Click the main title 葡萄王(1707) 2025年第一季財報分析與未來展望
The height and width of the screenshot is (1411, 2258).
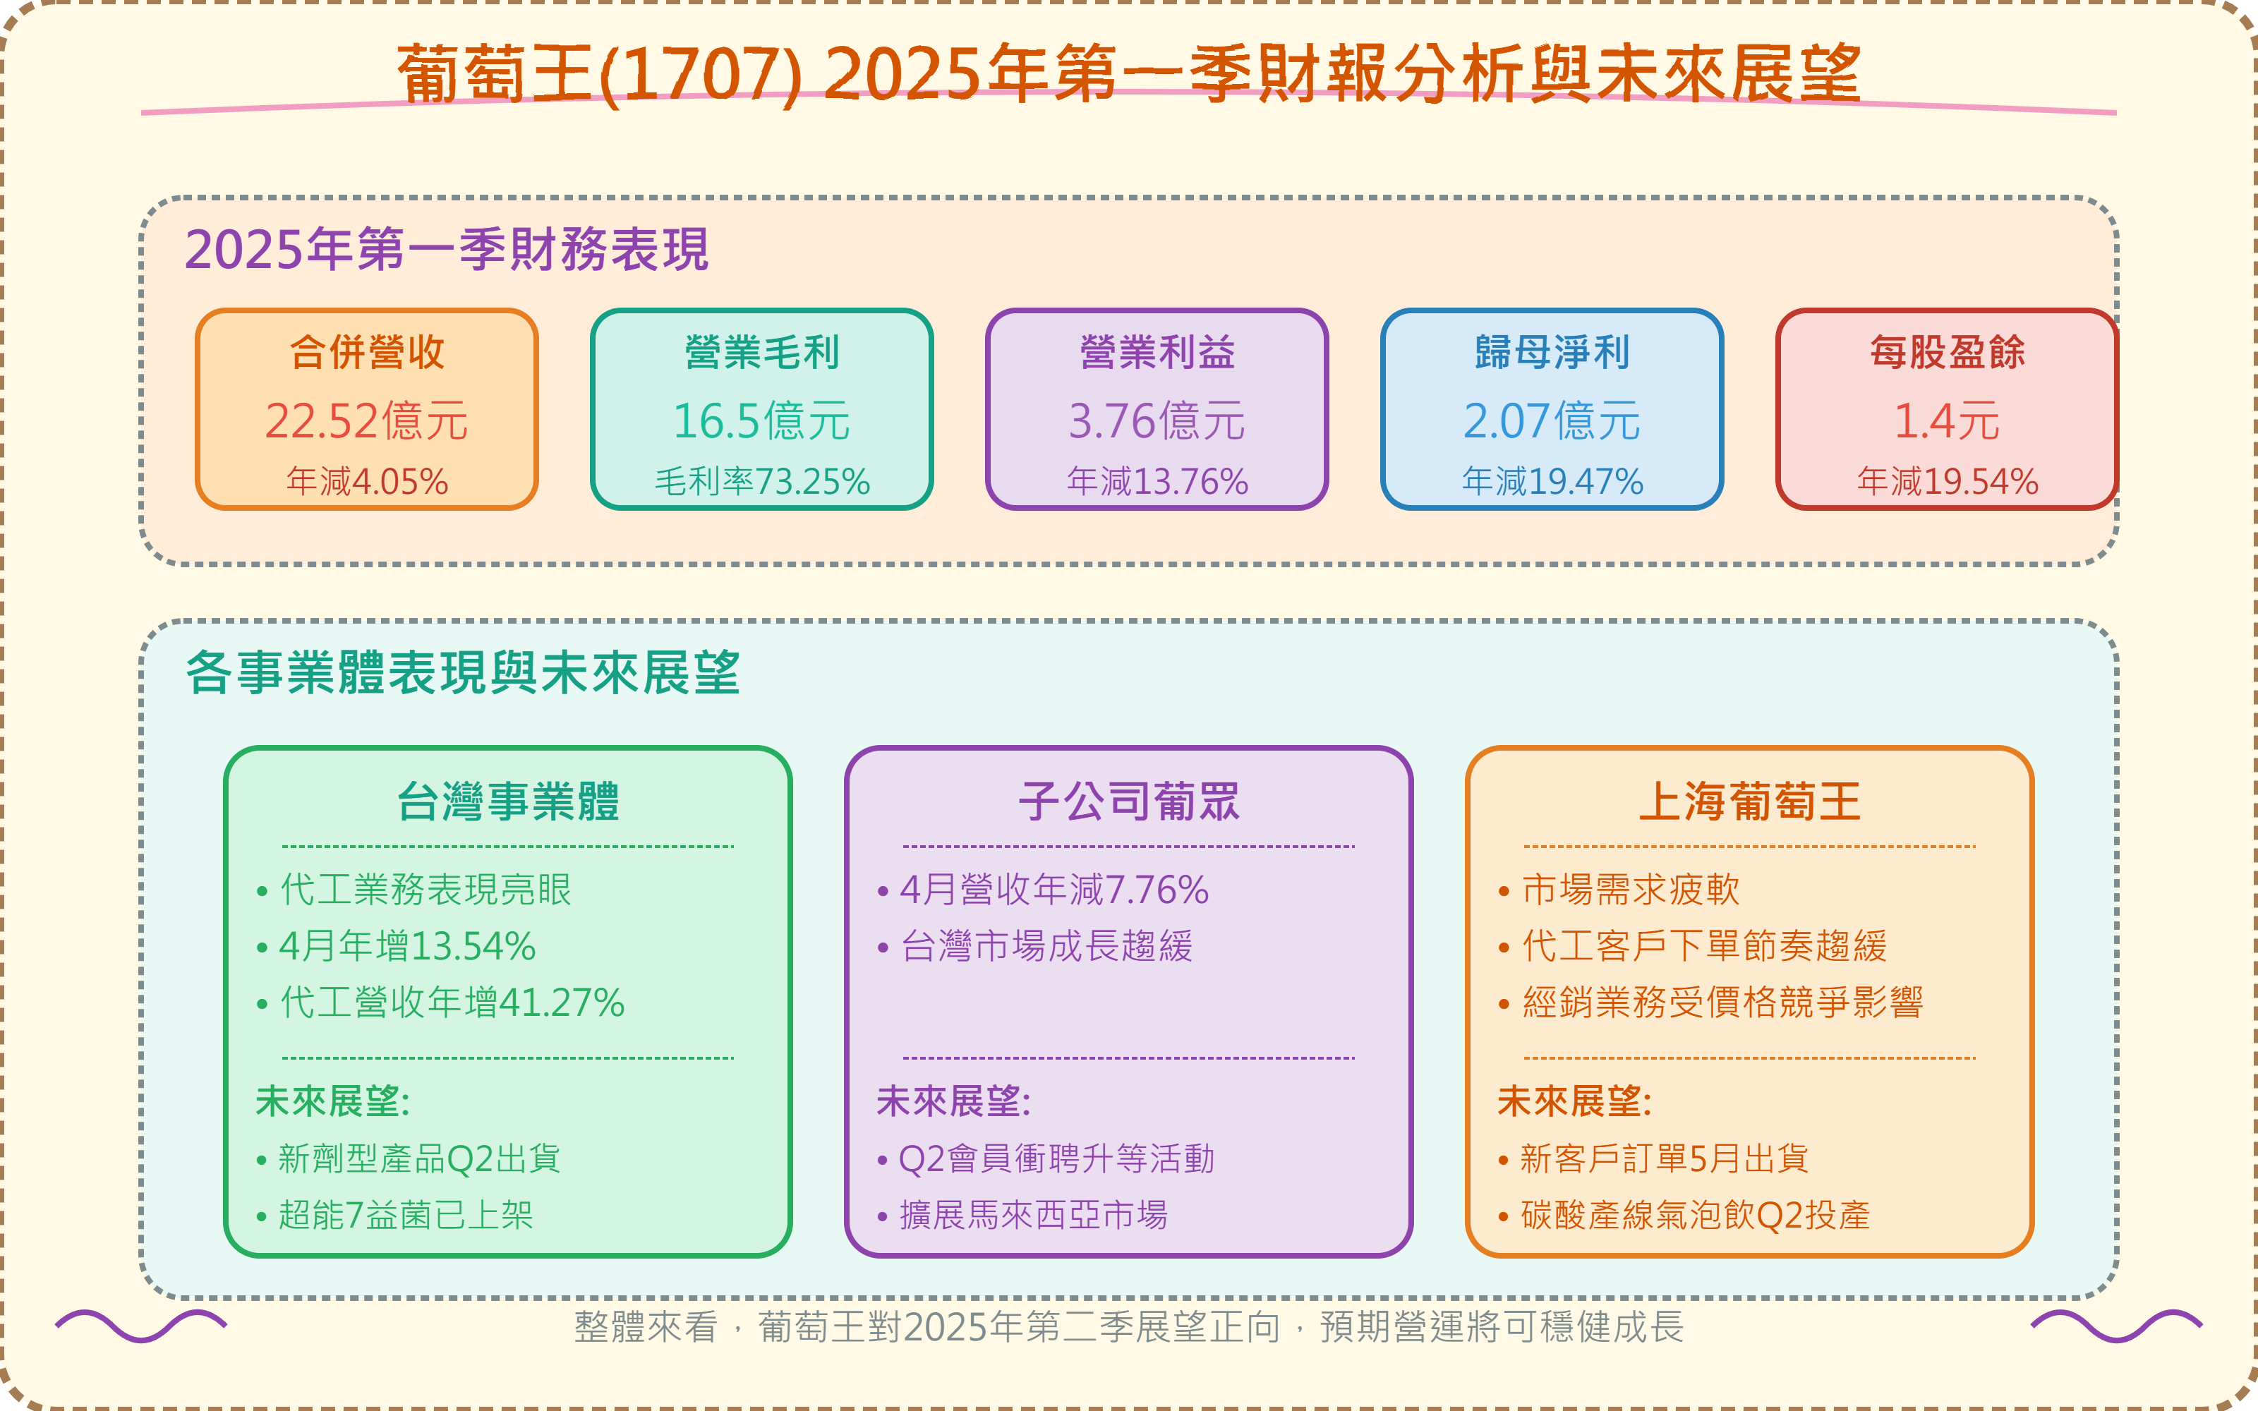[1129, 75]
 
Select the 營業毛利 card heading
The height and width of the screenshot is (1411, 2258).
[761, 353]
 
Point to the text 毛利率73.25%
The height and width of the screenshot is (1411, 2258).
[761, 482]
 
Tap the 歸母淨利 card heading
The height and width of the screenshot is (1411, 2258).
[1552, 353]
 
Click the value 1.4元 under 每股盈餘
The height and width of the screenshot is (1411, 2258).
[1946, 421]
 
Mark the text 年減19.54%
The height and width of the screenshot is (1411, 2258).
[1946, 482]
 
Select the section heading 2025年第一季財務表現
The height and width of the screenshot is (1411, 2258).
[446, 250]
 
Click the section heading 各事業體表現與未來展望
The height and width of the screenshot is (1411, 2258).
[462, 673]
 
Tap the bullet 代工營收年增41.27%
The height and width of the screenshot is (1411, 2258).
[452, 1003]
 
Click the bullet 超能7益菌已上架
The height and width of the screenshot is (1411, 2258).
[406, 1215]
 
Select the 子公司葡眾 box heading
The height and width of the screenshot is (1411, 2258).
[1128, 801]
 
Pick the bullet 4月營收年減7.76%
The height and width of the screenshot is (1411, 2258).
[1053, 890]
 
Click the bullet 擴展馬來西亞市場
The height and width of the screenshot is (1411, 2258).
[1033, 1215]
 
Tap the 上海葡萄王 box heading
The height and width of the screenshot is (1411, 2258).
[1749, 801]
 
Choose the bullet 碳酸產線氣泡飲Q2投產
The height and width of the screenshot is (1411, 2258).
[1696, 1215]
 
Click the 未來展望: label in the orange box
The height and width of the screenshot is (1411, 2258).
[1574, 1102]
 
